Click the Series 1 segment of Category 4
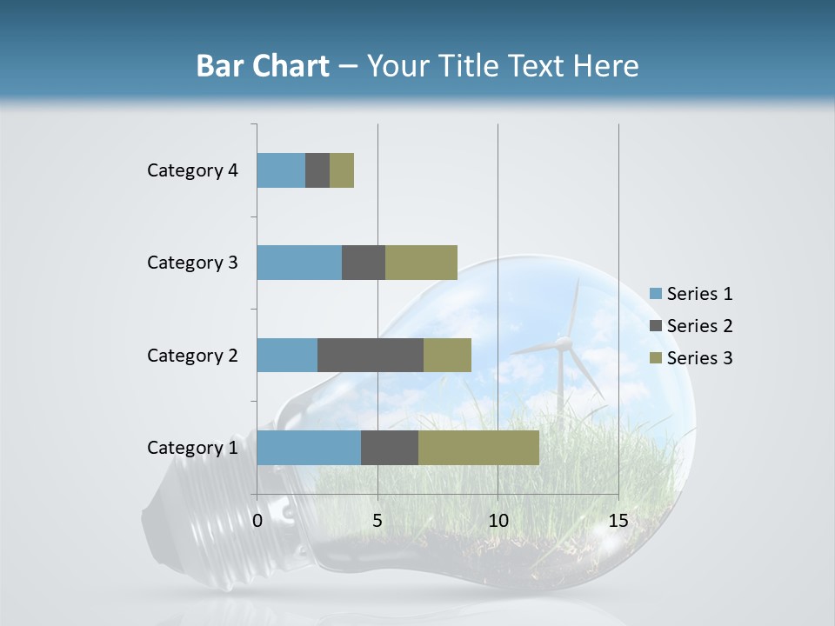(x=281, y=170)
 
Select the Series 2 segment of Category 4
(x=317, y=170)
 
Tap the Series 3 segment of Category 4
(x=342, y=170)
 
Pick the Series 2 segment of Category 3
(x=364, y=263)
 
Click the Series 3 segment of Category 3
(x=421, y=263)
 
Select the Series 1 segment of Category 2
(x=287, y=355)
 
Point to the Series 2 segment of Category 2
(x=371, y=355)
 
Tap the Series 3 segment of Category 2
(x=447, y=355)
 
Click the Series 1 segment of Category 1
(x=309, y=448)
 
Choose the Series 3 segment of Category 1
(x=478, y=448)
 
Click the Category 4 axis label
(x=192, y=170)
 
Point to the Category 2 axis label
(x=192, y=355)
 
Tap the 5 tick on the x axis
(x=377, y=522)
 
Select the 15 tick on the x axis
(x=618, y=522)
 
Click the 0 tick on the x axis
(x=257, y=522)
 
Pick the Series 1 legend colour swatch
(x=656, y=295)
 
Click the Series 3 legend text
(x=699, y=358)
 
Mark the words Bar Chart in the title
(x=263, y=66)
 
